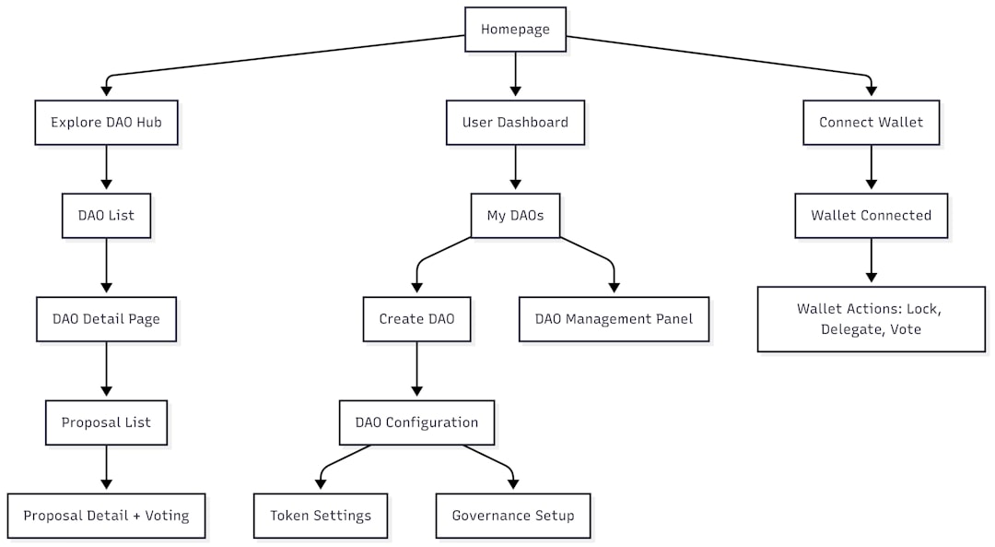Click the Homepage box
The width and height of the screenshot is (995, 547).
point(515,30)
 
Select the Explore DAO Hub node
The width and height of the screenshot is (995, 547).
point(106,123)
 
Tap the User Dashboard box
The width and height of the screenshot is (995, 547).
point(515,123)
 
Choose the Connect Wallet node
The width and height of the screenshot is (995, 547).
point(871,123)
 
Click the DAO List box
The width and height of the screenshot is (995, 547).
point(106,216)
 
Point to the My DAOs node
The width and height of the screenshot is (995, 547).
point(515,216)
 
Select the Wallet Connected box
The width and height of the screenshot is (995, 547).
point(871,216)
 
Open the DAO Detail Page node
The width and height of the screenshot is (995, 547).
point(106,319)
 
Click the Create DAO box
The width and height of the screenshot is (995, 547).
point(416,319)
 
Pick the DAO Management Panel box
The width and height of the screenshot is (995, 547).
point(614,319)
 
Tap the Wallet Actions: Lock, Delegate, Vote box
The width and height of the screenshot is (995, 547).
point(871,319)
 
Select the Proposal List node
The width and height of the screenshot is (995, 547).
point(106,422)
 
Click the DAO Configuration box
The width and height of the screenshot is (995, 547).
point(416,422)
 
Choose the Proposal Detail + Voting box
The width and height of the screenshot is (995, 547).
point(106,516)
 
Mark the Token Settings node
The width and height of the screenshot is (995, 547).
point(321,516)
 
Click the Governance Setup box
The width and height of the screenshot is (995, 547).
point(512,516)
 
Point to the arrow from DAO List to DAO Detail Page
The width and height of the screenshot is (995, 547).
point(106,268)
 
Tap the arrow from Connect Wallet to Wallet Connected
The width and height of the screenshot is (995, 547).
point(871,169)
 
